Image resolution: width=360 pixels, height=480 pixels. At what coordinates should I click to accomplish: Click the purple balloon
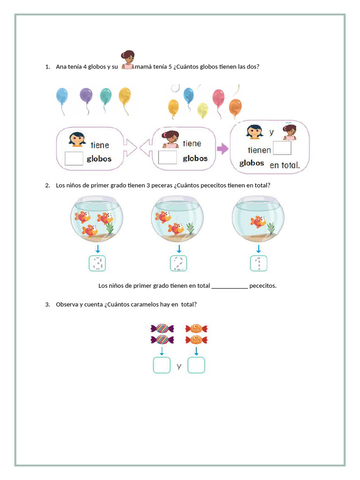tap(86, 96)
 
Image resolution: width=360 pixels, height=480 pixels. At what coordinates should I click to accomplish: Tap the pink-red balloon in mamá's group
tap(218, 98)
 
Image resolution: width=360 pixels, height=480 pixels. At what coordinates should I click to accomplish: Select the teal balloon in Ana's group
tap(106, 96)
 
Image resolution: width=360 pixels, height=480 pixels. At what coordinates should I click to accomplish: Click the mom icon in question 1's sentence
tap(128, 60)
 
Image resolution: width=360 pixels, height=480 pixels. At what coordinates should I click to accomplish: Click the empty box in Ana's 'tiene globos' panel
tap(74, 158)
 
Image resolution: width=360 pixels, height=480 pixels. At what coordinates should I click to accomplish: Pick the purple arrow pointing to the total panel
tap(222, 149)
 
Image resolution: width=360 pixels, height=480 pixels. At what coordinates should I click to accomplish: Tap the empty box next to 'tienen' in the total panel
tap(282, 148)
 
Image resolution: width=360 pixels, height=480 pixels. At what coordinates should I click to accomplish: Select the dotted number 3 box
tap(97, 263)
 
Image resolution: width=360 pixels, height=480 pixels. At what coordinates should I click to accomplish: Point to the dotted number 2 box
tap(179, 263)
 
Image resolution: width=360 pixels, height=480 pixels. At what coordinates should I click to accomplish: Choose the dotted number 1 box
tap(258, 263)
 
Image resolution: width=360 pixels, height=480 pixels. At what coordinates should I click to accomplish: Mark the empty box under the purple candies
tap(162, 365)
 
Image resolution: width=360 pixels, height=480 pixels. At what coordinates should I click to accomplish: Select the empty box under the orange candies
tap(196, 365)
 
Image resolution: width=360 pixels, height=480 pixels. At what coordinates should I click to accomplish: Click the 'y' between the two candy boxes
tap(179, 366)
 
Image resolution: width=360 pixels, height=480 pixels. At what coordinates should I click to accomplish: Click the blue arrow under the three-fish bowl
tap(97, 248)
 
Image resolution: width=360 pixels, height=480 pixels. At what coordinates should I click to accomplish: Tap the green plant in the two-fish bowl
tap(189, 228)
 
